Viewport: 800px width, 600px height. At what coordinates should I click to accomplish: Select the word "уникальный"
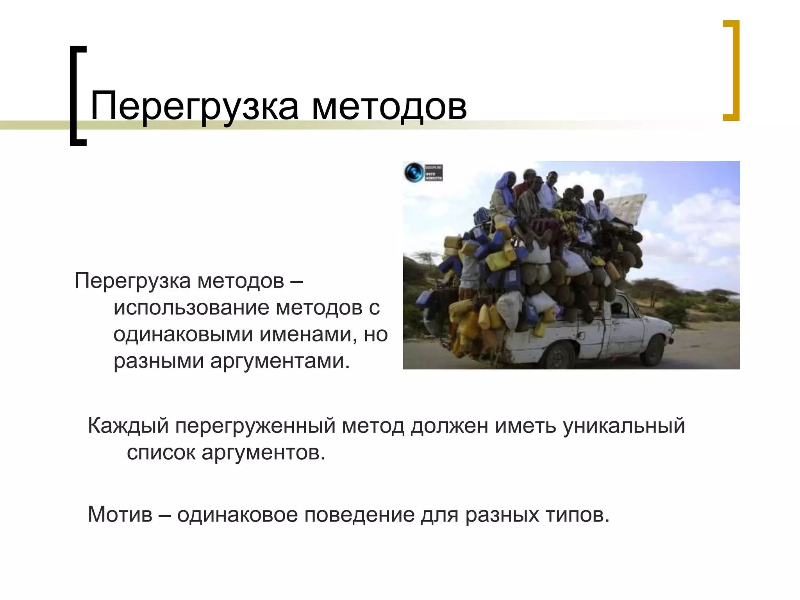(x=624, y=426)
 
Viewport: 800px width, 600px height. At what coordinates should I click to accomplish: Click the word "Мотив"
(x=120, y=515)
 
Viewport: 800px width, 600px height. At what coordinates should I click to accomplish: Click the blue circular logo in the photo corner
(x=414, y=172)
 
